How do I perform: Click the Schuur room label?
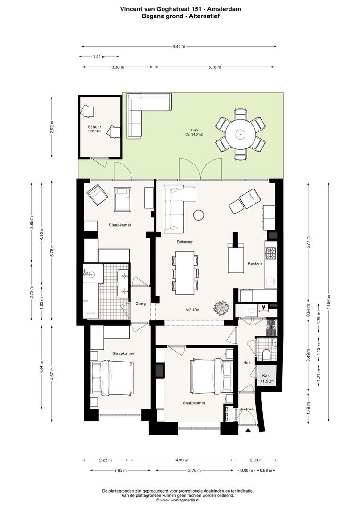pos(94,127)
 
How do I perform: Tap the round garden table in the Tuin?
pos(240,134)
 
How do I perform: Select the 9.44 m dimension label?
pos(179,46)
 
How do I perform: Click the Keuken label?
pos(254,263)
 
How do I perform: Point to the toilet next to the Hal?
pos(266,355)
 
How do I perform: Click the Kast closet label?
pos(267,376)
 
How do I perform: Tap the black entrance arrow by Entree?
pos(248,430)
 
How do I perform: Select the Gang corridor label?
pos(140,304)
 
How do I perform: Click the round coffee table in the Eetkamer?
pos(198,215)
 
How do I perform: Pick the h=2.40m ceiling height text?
pos(193,310)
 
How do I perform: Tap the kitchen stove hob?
pos(271,254)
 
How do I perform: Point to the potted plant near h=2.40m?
pos(222,308)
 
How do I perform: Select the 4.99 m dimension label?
pos(182,460)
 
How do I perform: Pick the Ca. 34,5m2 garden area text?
pos(194,134)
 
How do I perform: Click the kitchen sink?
pos(271,279)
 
